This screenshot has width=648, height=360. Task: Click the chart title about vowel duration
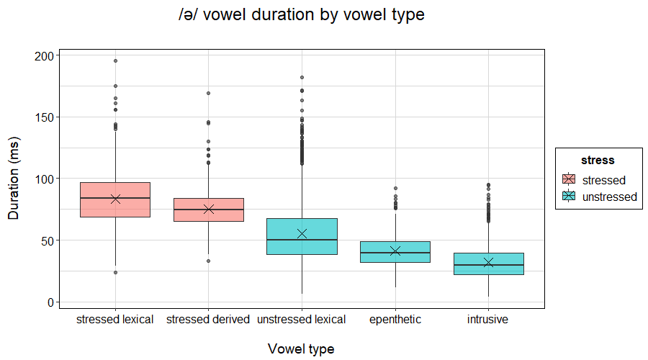(x=302, y=15)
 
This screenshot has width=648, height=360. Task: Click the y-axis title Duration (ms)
(x=14, y=177)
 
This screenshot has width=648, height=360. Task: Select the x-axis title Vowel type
(x=301, y=348)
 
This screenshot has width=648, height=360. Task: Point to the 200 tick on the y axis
(x=44, y=55)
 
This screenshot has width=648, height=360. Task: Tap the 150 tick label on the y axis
(x=44, y=117)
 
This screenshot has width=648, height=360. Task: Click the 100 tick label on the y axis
(x=44, y=179)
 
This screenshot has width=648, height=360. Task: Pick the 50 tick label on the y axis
(x=47, y=240)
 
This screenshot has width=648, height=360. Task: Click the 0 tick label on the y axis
(x=50, y=302)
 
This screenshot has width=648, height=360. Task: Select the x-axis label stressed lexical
(x=115, y=319)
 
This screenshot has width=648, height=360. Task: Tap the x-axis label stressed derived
(x=208, y=319)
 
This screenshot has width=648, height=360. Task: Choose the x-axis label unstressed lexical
(x=302, y=319)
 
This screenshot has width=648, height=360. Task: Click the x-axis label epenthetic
(x=395, y=319)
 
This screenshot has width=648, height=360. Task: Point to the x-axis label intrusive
(x=488, y=319)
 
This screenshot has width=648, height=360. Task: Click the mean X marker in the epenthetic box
(x=395, y=251)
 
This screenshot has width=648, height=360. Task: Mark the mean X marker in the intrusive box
(x=488, y=263)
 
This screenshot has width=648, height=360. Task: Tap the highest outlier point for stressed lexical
(x=115, y=61)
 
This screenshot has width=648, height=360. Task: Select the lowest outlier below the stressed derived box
(x=208, y=261)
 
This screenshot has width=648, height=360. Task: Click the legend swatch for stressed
(x=569, y=180)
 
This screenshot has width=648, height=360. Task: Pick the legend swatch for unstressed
(x=569, y=197)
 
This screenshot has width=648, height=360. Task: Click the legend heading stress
(x=598, y=161)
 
